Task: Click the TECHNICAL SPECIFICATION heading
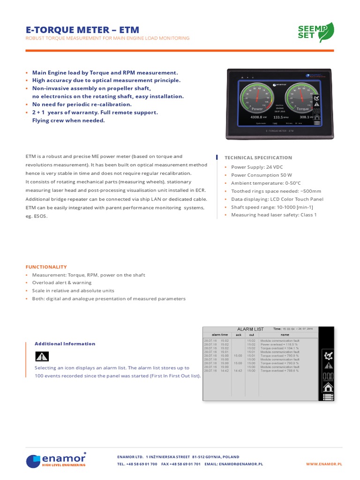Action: click(x=258, y=158)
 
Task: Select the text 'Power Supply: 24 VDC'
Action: click(x=257, y=167)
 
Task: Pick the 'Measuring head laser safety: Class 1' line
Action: click(x=274, y=215)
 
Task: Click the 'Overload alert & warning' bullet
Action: click(x=62, y=283)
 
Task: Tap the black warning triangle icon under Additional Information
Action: click(x=42, y=356)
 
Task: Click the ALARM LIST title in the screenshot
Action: click(x=251, y=330)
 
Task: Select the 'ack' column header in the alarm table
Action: click(x=239, y=335)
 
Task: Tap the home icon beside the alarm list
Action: click(x=328, y=387)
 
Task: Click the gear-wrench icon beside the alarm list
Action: click(x=328, y=356)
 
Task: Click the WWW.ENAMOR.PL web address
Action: click(x=324, y=464)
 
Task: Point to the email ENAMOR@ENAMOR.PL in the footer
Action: click(x=241, y=464)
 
